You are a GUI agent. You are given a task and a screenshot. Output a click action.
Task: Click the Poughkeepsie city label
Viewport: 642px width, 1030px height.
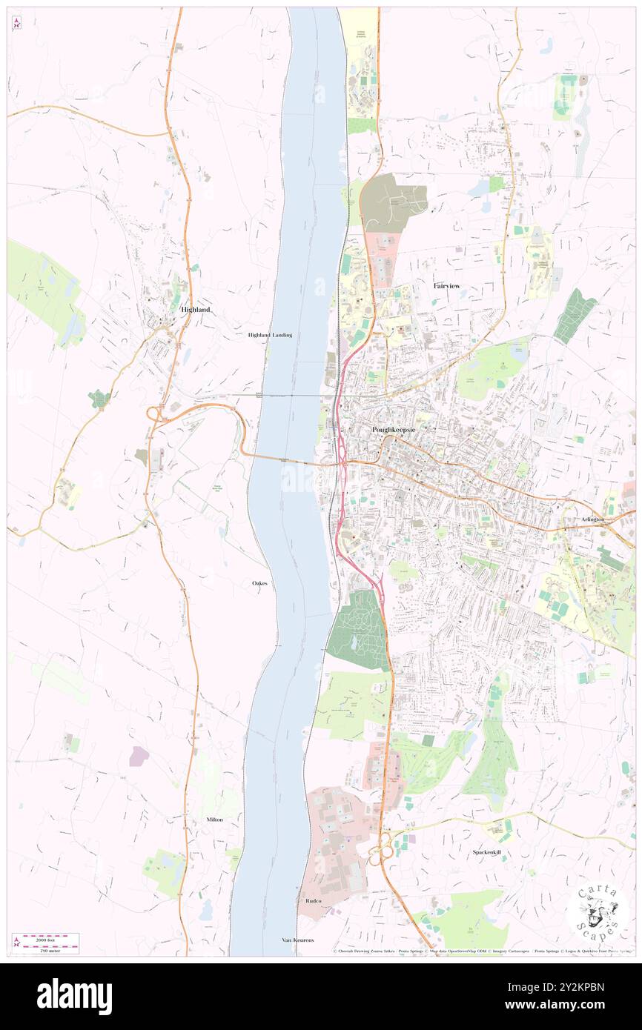point(393,430)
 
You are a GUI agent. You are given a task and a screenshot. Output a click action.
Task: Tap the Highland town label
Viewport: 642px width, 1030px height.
point(194,309)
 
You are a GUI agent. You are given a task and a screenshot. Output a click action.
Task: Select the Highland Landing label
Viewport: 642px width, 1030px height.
point(270,335)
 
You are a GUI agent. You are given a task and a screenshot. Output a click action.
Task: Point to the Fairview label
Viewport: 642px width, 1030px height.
point(448,285)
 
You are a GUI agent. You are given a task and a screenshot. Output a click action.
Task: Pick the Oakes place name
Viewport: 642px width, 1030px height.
point(259,584)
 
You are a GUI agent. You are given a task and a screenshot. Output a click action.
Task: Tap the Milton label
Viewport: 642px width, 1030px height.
point(215,820)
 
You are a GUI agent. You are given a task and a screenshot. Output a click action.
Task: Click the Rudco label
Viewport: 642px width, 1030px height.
point(313,900)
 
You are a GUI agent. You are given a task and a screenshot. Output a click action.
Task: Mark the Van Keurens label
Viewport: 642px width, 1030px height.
point(298,940)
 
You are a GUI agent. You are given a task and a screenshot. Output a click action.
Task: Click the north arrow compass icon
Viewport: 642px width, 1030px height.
point(16,23)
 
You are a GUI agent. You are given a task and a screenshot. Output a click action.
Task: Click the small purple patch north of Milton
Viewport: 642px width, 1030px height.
point(139,756)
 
